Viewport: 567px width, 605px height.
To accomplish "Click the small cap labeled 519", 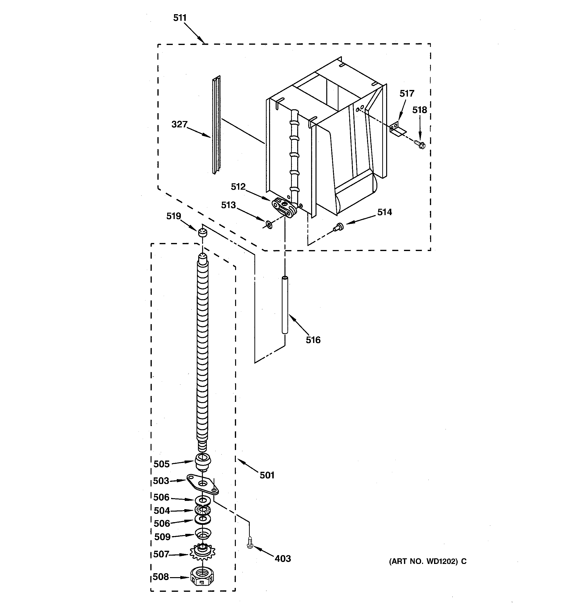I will [202, 233].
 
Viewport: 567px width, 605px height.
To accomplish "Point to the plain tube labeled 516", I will [285, 305].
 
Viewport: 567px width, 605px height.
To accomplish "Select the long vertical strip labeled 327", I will [216, 125].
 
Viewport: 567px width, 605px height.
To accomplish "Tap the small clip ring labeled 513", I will [269, 225].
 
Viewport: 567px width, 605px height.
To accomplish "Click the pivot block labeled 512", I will [284, 207].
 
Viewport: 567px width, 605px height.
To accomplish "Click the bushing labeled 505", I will [202, 462].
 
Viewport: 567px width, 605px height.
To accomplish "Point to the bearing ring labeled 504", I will [203, 510].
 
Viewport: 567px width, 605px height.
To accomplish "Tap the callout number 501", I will [267, 475].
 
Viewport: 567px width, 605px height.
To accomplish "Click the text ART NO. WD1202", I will [424, 562].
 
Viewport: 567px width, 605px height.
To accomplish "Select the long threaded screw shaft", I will [202, 350].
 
